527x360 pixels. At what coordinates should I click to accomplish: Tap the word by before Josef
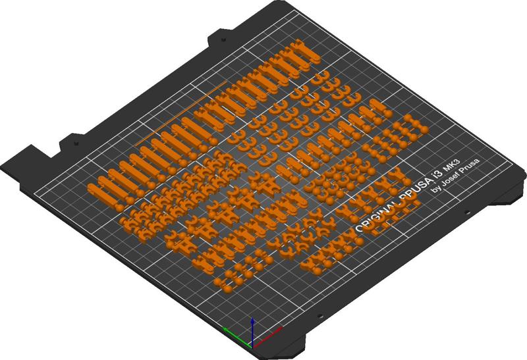pos(434,190)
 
